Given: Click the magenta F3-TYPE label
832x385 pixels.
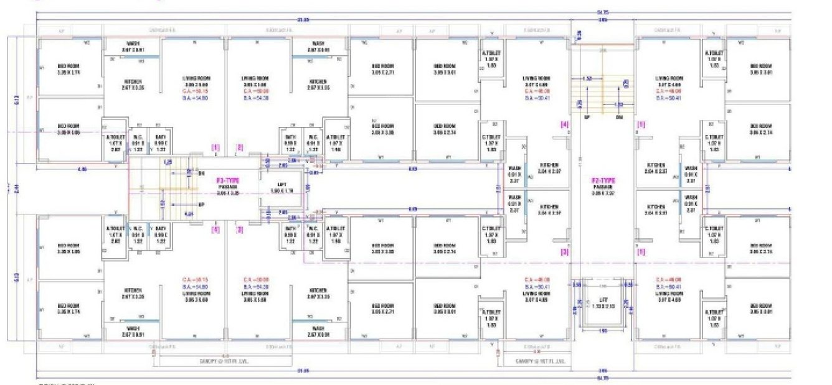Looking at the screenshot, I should click(x=229, y=179).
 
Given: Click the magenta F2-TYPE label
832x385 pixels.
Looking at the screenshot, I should click(x=603, y=180).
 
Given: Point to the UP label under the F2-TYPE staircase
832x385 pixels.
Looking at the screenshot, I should click(x=587, y=116).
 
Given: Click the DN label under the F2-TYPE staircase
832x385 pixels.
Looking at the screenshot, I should click(x=618, y=116).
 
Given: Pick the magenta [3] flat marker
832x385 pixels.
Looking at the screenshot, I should click(x=239, y=230).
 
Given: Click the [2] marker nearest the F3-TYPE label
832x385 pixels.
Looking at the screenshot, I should click(x=240, y=148).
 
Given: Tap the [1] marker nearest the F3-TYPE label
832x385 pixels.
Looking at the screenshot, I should click(x=215, y=148).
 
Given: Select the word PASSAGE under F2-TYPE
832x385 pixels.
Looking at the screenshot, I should click(x=603, y=187).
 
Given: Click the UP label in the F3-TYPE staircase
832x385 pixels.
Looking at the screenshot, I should click(x=201, y=205).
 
